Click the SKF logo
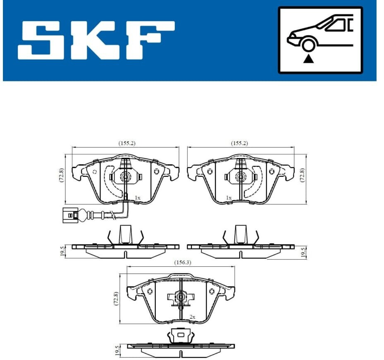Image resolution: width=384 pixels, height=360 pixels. [96, 40]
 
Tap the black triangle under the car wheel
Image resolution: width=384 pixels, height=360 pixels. [308, 59]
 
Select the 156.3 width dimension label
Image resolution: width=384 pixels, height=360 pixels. [182, 263]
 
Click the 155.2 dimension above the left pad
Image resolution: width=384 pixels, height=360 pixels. [127, 143]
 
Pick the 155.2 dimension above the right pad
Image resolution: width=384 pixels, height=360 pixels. [239, 143]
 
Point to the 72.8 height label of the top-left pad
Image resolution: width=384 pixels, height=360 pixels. [61, 175]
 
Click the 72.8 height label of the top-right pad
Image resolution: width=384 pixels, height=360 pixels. [302, 175]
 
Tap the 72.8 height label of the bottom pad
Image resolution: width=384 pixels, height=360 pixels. [116, 298]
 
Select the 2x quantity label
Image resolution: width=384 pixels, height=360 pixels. [193, 317]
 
